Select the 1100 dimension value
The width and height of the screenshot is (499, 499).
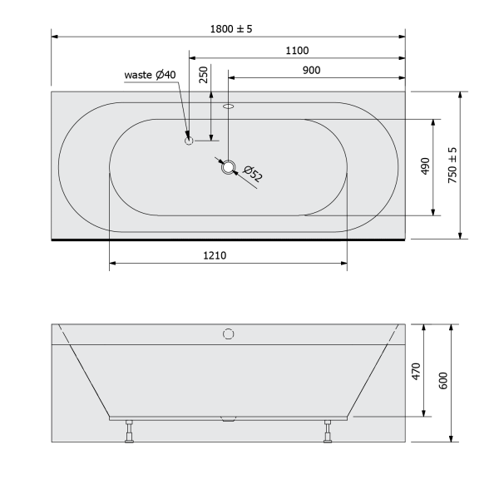tap(297, 51)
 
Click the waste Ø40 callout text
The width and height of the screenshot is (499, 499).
tap(151, 75)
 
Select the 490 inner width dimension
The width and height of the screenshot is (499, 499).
tap(423, 166)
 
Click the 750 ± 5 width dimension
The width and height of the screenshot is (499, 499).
tap(452, 165)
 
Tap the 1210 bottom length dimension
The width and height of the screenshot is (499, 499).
tap(215, 255)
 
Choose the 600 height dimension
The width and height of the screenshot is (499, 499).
tap(442, 380)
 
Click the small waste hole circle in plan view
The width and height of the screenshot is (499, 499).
tap(189, 141)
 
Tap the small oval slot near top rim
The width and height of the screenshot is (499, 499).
tap(230, 106)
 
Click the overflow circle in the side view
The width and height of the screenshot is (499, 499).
tap(229, 334)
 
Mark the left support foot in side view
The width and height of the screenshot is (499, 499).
tap(129, 433)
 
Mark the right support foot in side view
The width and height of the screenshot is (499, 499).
tap(329, 433)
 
